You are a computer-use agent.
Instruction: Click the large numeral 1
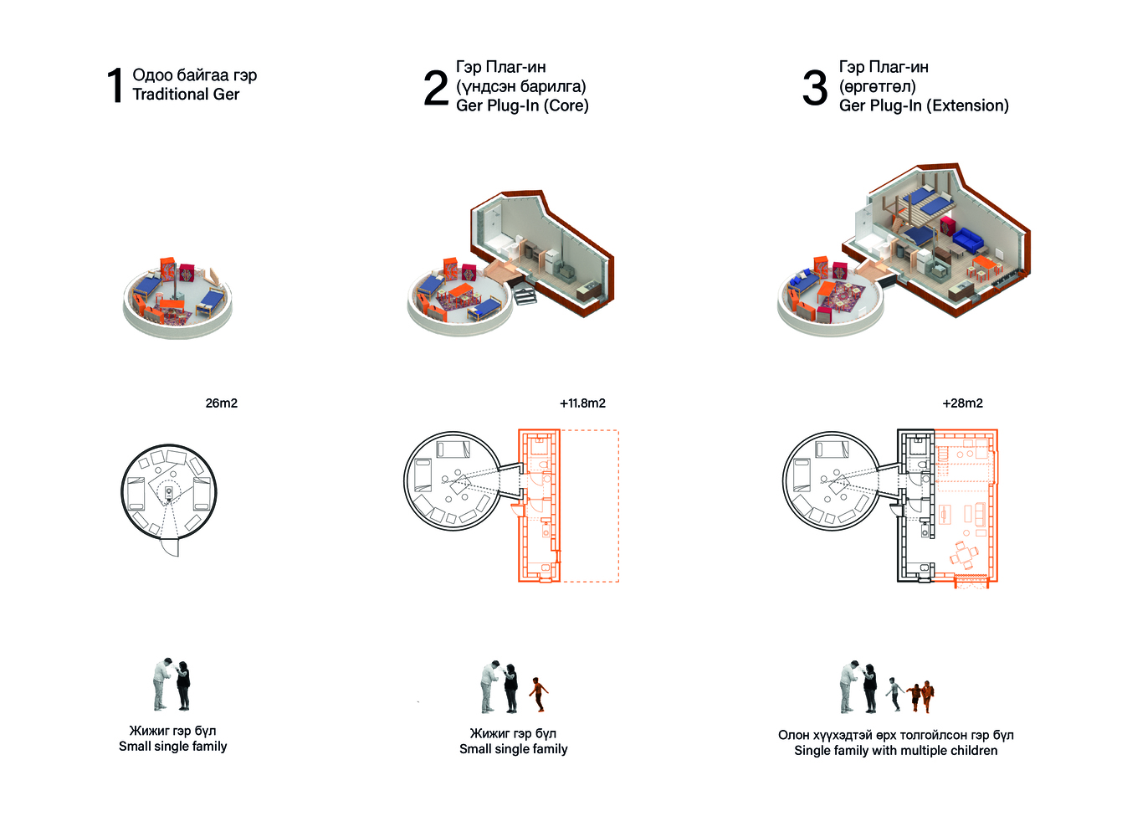coord(115,85)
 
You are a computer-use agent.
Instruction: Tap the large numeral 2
coord(436,88)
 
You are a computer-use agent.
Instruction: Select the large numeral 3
coord(814,88)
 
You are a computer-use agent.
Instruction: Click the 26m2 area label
coord(222,403)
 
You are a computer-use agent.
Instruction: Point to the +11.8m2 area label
coord(582,403)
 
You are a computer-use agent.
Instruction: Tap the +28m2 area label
coord(962,403)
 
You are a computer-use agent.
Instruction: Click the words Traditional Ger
coord(186,94)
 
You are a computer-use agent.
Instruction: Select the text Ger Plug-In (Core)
coord(522,105)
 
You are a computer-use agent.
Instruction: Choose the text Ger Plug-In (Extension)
coord(924,105)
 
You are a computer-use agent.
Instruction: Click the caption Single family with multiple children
coord(895,750)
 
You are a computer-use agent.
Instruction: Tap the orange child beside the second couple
coord(538,695)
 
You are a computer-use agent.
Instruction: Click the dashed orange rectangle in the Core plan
coord(590,506)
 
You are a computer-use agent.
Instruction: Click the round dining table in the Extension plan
coord(964,555)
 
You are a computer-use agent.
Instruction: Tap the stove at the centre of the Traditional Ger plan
coord(169,492)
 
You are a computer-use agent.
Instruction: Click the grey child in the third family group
coord(894,694)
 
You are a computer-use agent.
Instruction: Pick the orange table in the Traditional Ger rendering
coord(172,304)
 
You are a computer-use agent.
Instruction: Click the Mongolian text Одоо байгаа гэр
coord(194,75)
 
